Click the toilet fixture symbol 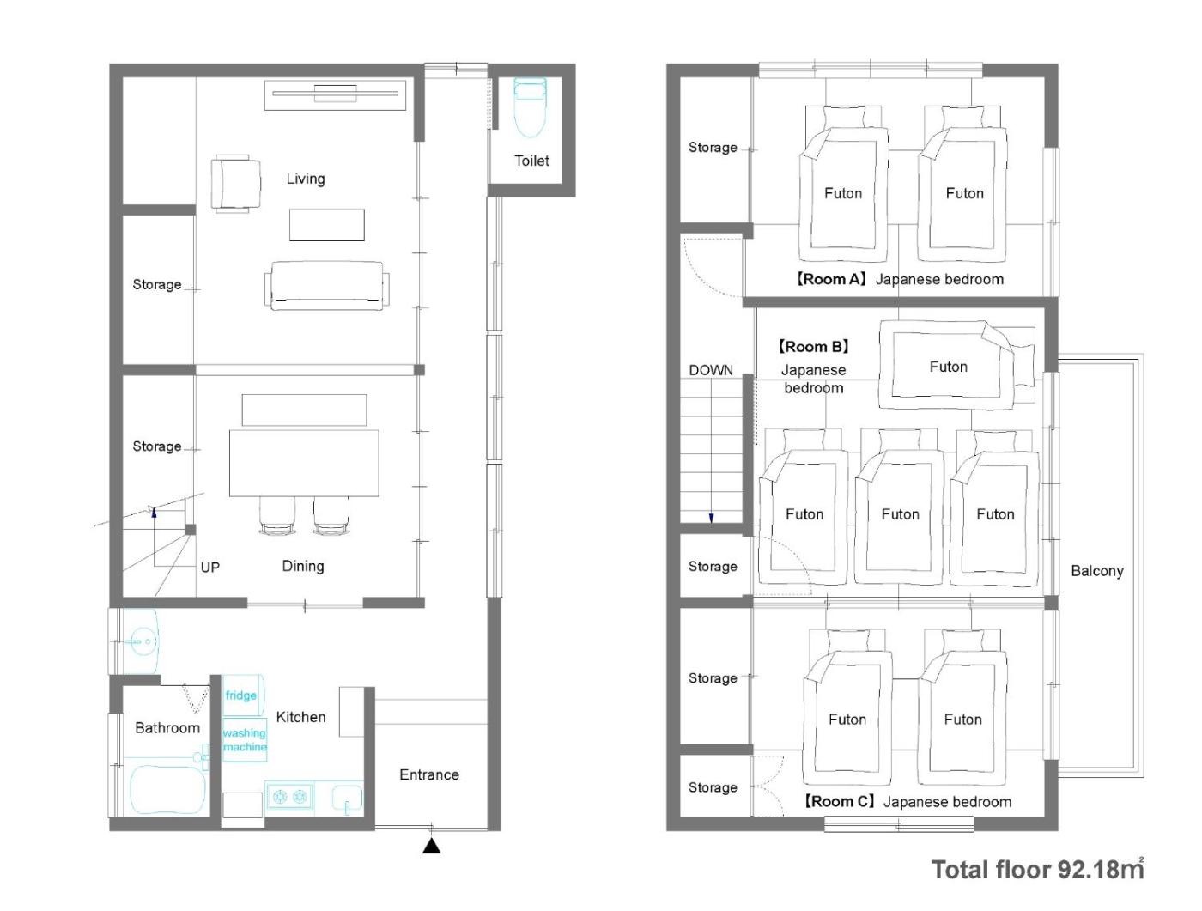[530, 106]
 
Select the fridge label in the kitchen [240, 695]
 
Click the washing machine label [245, 739]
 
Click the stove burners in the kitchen [289, 796]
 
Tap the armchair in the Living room [236, 183]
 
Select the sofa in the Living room [327, 285]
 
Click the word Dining [303, 566]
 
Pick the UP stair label [210, 568]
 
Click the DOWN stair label [711, 370]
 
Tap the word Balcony [1097, 570]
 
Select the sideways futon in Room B [956, 365]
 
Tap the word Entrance [428, 774]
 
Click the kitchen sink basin [347, 797]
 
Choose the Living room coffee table [327, 224]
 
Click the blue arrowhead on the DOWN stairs [712, 518]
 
